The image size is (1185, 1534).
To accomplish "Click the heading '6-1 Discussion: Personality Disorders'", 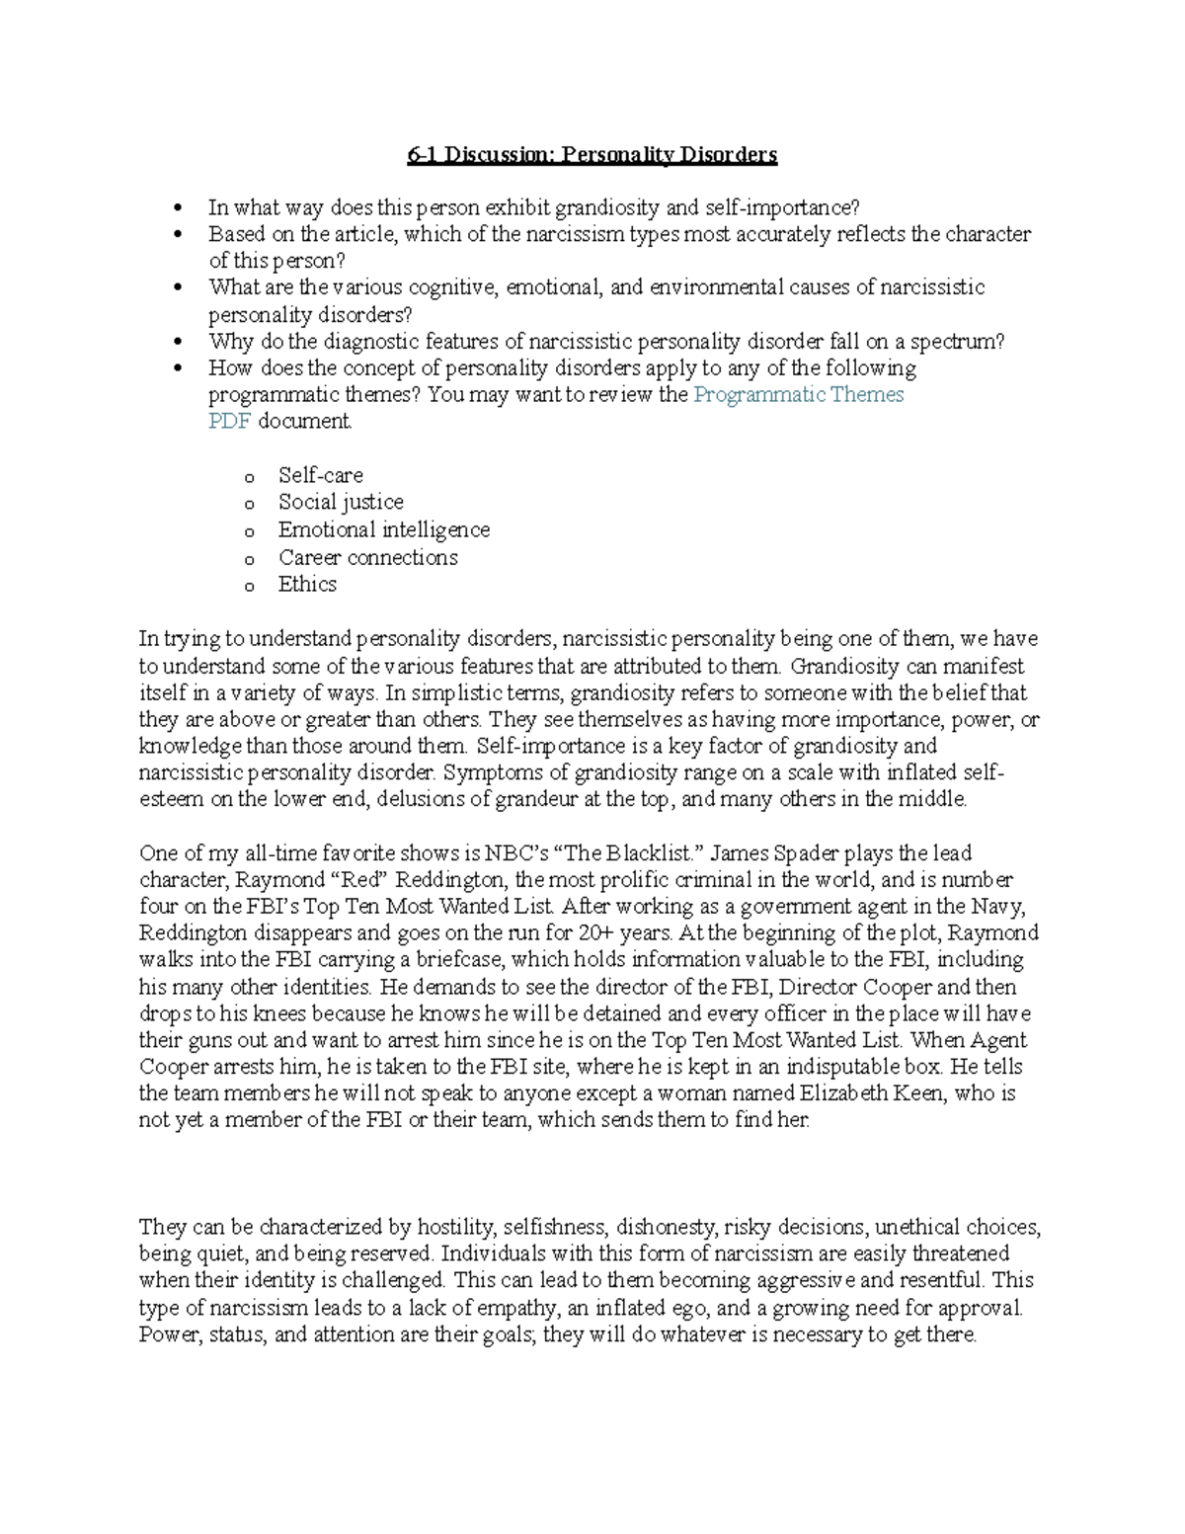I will click(x=592, y=155).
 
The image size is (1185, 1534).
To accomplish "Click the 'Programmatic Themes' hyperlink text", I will click(x=798, y=395).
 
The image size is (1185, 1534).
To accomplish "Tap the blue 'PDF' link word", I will click(x=229, y=422).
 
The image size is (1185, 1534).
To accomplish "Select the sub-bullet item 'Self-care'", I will click(x=320, y=475).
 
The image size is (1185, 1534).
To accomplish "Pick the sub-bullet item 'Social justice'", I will click(x=341, y=502).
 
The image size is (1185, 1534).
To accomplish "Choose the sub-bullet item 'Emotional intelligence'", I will click(x=383, y=529).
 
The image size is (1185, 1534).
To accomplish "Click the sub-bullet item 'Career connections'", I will click(x=367, y=557).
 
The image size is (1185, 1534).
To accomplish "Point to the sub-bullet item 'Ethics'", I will click(x=307, y=584).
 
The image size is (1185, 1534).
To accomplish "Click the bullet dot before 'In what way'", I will click(x=179, y=208).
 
